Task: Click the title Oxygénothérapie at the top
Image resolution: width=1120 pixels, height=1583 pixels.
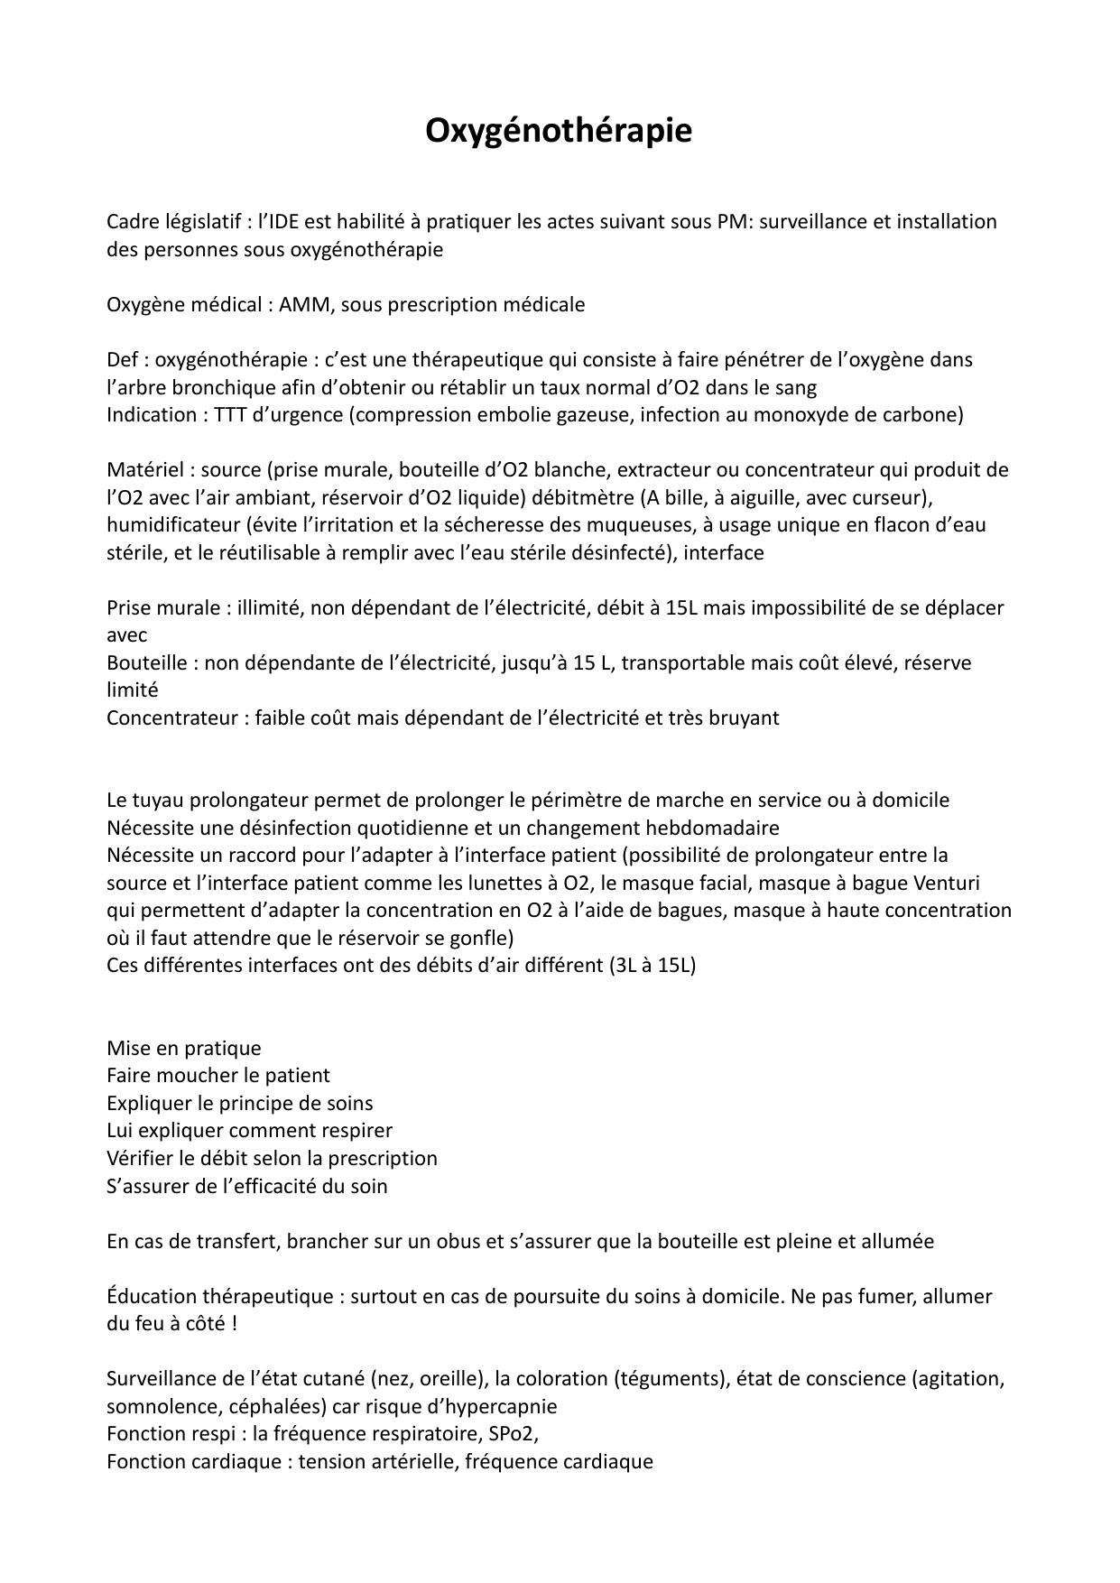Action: tap(559, 131)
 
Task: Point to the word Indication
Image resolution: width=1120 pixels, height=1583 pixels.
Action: tap(152, 415)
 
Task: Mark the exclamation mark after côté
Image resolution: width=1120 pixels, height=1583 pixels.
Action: tap(234, 1325)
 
